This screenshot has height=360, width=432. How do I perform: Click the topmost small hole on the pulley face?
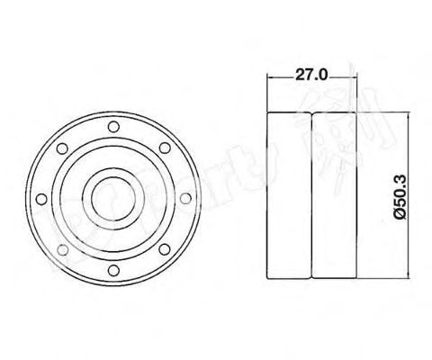pyautogui.click(x=112, y=127)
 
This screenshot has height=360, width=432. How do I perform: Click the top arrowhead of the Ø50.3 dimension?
pyautogui.click(x=389, y=116)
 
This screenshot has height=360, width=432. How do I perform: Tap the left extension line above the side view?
pyautogui.click(x=269, y=94)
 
